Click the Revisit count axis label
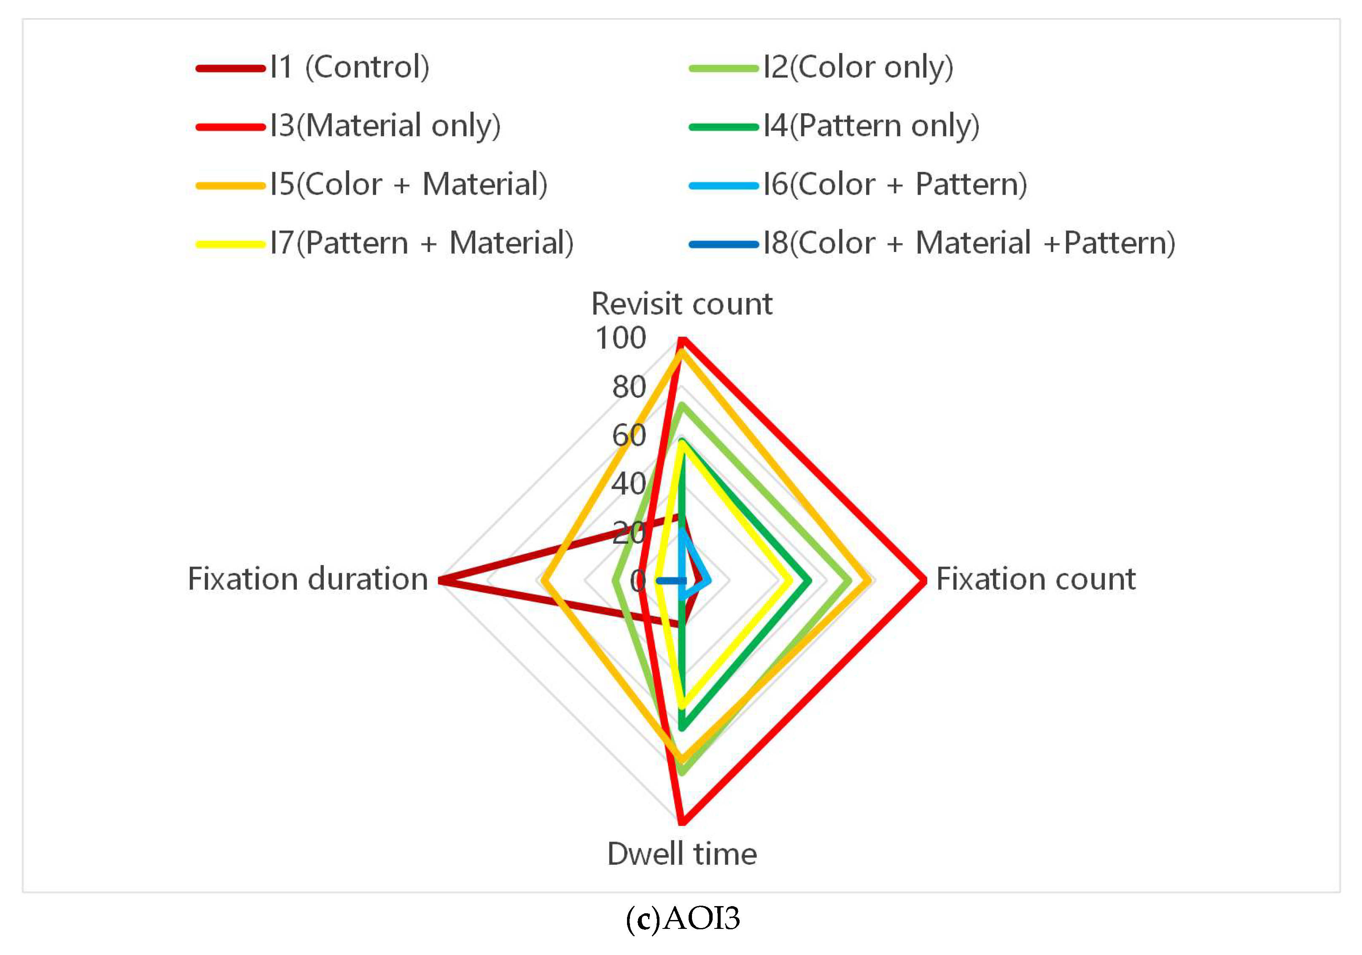coord(681,304)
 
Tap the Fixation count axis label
coord(1035,579)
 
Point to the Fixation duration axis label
coord(308,579)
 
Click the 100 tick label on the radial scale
coord(621,338)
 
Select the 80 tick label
coord(629,387)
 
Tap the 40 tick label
coord(629,484)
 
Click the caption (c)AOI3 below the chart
coord(683,918)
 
